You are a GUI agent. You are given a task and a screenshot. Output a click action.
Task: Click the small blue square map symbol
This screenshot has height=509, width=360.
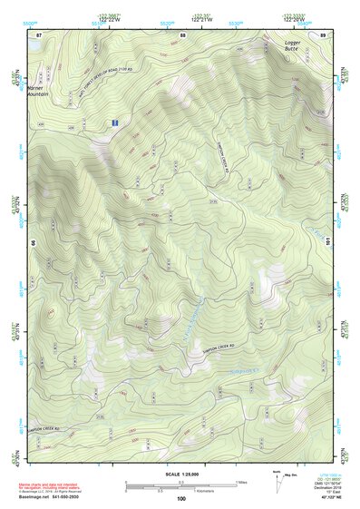coord(114,121)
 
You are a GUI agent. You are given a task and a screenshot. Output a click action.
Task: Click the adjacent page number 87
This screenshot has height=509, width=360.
coord(39,34)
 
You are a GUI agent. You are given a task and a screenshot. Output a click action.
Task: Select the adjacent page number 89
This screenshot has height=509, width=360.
coord(323,34)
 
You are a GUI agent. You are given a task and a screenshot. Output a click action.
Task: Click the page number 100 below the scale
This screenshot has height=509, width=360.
coord(181,498)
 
